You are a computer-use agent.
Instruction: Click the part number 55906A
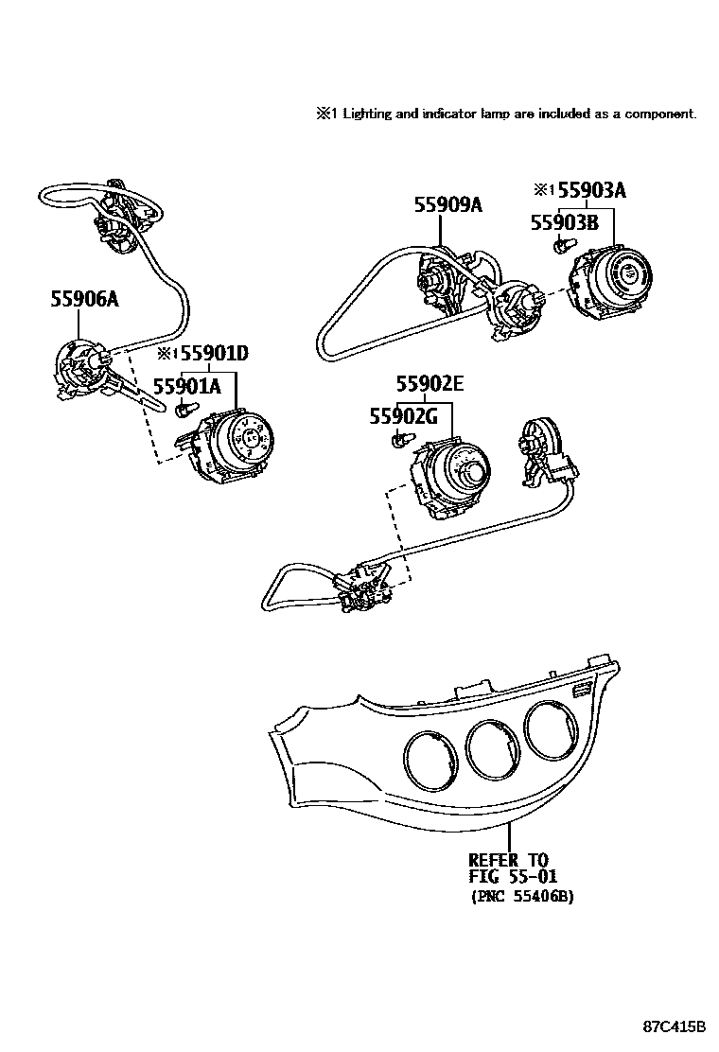[84, 300]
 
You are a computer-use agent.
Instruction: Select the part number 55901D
[214, 354]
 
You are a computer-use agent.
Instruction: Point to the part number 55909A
[447, 204]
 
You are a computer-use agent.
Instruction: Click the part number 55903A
[591, 190]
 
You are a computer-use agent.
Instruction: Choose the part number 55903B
[563, 223]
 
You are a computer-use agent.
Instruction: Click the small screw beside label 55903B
[561, 247]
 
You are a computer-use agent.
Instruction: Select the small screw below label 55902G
[400, 439]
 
